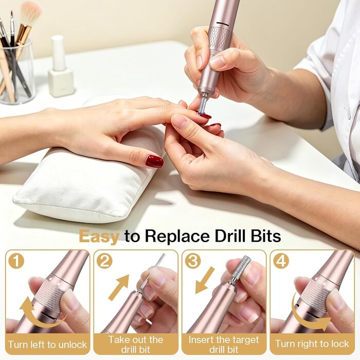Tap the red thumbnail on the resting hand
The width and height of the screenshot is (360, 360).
pos(154,161)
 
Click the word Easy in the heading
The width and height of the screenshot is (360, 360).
pos(99,237)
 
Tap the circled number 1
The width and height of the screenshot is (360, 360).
pos(16,261)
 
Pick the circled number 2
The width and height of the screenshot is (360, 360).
pos(104,261)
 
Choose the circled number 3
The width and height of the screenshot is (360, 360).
pos(193,261)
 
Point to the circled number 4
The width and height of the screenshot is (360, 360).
pos(281,261)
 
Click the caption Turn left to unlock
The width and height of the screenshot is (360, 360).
pos(47,345)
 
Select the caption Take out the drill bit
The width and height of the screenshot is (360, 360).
pos(136,345)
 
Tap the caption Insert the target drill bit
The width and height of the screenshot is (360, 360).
pos(224,345)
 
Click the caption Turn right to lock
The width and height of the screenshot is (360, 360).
pos(312,344)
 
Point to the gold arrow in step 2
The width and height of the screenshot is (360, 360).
pos(119,287)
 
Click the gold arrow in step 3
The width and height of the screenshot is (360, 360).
pos(205,281)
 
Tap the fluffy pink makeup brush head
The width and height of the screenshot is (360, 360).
pos(31,11)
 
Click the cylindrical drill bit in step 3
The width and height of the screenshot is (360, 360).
pos(242,267)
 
